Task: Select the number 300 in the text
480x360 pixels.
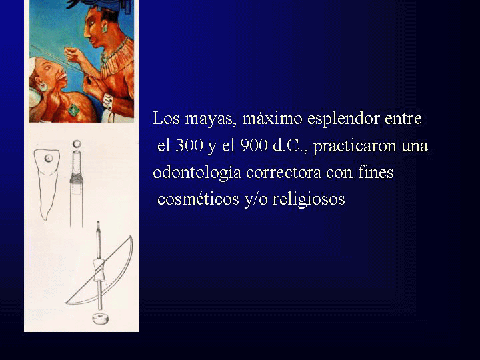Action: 189,145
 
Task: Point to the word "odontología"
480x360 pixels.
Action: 197,173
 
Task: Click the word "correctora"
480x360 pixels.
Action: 284,173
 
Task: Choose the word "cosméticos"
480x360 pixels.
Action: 198,199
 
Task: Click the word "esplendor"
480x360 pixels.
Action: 343,119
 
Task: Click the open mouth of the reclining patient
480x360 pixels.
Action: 63,77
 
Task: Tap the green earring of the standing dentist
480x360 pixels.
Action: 104,29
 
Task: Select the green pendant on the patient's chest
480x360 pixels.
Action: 73,110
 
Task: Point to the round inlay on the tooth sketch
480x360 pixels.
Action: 49,158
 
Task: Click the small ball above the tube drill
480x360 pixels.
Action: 77,143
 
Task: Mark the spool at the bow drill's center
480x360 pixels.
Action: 99,270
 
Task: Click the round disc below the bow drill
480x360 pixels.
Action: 101,319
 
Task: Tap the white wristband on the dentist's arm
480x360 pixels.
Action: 107,101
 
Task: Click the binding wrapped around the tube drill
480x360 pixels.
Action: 77,177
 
